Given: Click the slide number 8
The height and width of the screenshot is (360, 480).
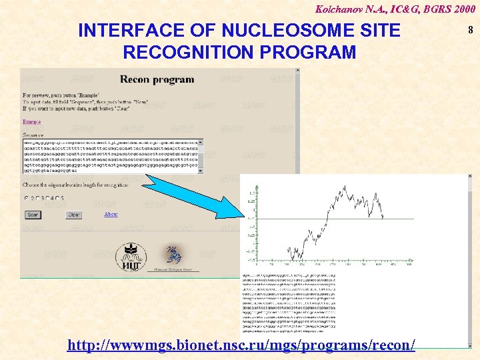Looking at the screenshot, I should [x=470, y=29].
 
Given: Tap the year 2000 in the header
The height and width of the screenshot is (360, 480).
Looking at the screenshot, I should [x=461, y=8].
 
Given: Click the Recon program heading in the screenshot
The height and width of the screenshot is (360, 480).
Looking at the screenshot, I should [x=157, y=79].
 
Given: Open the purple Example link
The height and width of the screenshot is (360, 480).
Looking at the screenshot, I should [x=31, y=122].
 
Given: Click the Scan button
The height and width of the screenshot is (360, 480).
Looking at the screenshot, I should [x=33, y=215].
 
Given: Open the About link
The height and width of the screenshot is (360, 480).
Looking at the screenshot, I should [x=111, y=214].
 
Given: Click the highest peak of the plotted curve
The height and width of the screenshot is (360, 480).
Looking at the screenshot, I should [x=345, y=187].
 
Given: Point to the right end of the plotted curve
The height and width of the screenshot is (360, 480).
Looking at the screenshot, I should [x=383, y=217].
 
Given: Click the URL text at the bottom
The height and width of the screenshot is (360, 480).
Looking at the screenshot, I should [x=241, y=345].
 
